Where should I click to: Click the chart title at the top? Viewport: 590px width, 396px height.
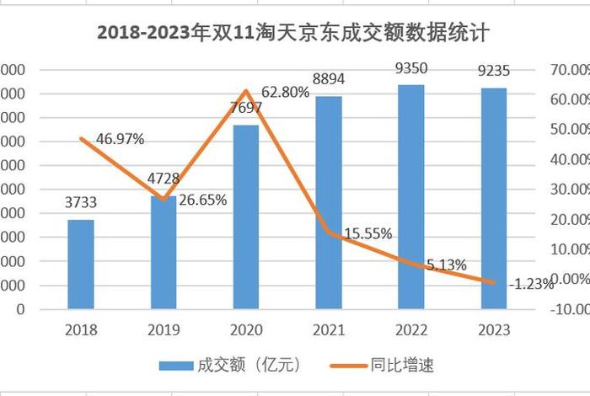tap(294, 33)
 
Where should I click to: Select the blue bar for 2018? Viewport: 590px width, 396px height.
tap(81, 264)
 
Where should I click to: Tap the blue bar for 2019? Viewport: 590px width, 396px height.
tap(164, 252)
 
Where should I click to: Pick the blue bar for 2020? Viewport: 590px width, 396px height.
tap(246, 217)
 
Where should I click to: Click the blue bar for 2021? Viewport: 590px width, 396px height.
tap(329, 202)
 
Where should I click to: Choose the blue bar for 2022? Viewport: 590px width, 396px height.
tap(410, 196)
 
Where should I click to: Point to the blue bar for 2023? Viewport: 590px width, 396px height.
tap(493, 198)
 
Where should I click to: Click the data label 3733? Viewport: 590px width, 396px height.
tap(81, 202)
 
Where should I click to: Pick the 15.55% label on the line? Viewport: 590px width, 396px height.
tap(365, 234)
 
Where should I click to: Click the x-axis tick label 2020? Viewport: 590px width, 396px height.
tap(246, 329)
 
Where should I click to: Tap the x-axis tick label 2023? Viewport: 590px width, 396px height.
tap(493, 329)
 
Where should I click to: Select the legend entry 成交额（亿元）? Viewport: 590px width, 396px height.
tap(230, 365)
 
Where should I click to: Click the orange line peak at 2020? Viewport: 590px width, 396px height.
tap(246, 91)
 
